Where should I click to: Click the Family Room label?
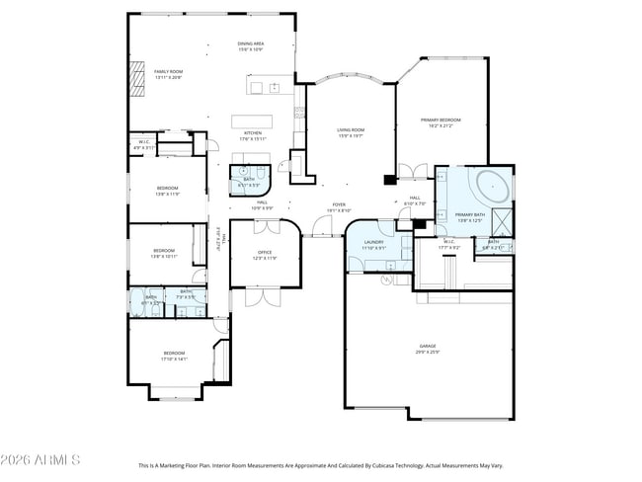click(168, 74)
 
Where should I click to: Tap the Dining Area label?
click(250, 46)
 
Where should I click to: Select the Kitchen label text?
click(253, 135)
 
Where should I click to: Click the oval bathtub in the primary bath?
click(490, 184)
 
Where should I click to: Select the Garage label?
click(427, 348)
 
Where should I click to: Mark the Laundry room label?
click(373, 244)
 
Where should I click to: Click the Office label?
click(265, 255)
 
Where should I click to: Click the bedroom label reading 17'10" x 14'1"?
click(174, 356)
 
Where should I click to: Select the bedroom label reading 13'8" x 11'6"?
click(167, 190)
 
